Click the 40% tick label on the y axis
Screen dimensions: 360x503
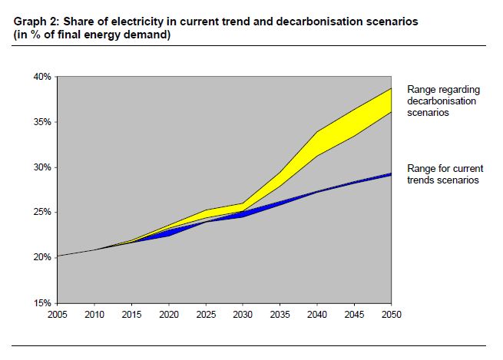(41, 77)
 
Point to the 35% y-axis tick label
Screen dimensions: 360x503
(41, 122)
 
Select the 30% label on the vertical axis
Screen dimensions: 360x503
(41, 167)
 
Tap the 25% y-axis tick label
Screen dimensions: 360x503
(41, 212)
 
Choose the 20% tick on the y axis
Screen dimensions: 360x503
(41, 257)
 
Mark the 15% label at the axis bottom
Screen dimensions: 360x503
(41, 302)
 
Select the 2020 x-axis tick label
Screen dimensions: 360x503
(170, 314)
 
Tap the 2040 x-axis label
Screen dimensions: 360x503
(318, 314)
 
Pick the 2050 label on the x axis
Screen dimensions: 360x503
(392, 314)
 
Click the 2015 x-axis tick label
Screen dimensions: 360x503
(133, 314)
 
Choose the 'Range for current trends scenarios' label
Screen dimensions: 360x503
(442, 174)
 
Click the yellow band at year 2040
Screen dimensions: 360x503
(318, 144)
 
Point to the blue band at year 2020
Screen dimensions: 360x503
(170, 232)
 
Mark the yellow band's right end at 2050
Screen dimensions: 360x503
(390, 101)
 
